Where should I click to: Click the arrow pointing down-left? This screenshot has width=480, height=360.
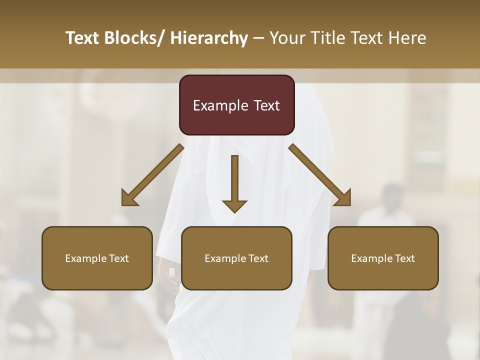coord(152,175)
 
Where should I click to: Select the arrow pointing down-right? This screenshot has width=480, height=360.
coord(320,175)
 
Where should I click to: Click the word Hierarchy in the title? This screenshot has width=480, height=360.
coord(209,38)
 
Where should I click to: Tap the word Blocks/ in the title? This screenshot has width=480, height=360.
coord(138,38)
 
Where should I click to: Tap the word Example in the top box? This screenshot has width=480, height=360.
coord(220,106)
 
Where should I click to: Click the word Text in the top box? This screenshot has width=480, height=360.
coord(266,105)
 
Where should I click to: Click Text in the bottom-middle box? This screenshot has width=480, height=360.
coord(258,258)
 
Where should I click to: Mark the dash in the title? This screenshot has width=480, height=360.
coord(258,38)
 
